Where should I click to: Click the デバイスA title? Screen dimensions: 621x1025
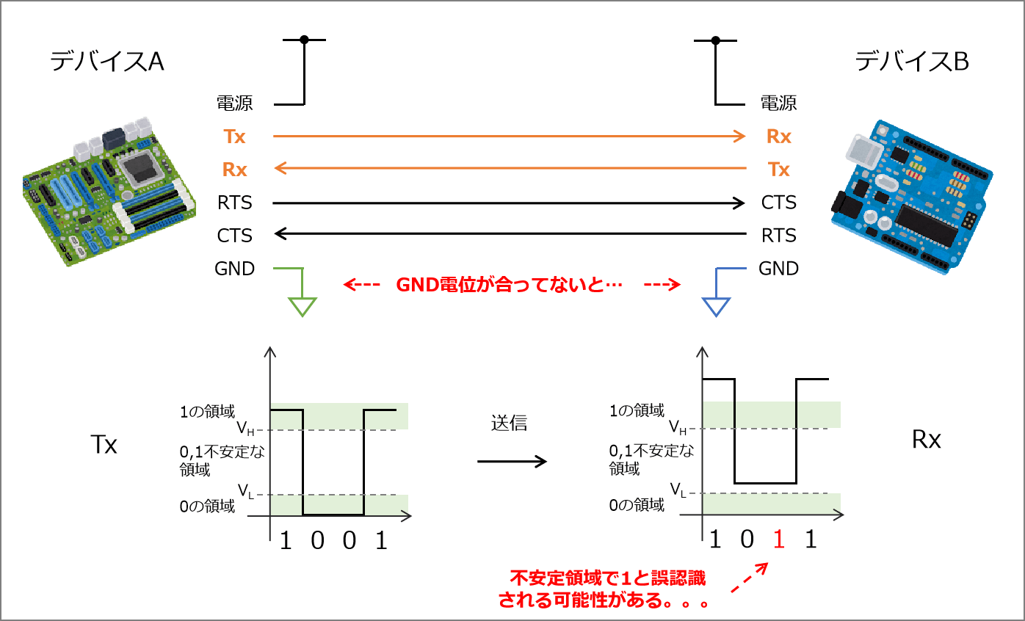(107, 62)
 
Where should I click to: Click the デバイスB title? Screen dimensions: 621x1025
(912, 62)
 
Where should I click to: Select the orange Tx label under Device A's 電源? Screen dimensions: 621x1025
(235, 137)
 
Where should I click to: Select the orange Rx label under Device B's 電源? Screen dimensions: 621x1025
(778, 137)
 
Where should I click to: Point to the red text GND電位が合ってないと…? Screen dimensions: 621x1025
(510, 285)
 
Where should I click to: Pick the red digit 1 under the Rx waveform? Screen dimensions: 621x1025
(779, 541)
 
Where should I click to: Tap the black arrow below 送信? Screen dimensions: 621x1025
(512, 461)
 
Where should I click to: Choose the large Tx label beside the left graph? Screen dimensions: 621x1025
(104, 445)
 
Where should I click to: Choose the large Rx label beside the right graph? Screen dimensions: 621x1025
(926, 440)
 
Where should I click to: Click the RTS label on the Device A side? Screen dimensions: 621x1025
(234, 203)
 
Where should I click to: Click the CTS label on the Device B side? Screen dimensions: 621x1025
(778, 203)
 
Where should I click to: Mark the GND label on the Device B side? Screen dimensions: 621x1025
(778, 269)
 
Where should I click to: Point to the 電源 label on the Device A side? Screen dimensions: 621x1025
(234, 103)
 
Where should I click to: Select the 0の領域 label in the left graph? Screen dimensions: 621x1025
(208, 505)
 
